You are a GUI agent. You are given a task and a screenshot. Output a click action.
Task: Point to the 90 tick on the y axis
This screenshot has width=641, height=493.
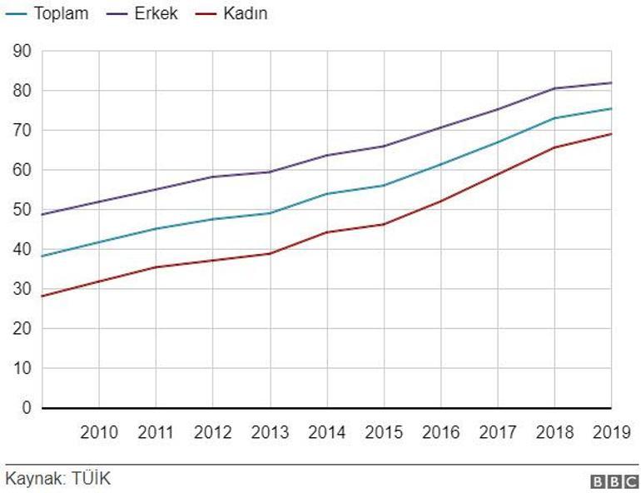[x=22, y=52]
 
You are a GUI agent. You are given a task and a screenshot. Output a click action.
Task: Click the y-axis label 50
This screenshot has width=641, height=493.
[x=22, y=210]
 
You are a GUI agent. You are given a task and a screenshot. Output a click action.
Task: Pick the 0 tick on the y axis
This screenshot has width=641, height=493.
[x=27, y=408]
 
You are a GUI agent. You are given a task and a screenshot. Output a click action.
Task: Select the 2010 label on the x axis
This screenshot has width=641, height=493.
[x=99, y=432]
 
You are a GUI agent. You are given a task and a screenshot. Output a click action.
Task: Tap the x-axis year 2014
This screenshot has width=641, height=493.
[x=327, y=432]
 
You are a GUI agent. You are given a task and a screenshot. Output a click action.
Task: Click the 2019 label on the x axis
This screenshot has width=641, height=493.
[x=611, y=432]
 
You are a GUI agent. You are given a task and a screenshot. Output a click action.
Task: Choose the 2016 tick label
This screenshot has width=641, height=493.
[x=441, y=432]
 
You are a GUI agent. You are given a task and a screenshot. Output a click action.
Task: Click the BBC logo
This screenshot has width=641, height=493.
[x=614, y=481]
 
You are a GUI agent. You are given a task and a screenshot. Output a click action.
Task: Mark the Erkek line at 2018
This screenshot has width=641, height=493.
[x=554, y=88]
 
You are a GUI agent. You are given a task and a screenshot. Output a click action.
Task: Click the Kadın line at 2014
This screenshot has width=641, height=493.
[x=327, y=232]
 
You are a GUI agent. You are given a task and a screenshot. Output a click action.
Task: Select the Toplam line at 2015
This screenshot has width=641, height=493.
[x=384, y=185]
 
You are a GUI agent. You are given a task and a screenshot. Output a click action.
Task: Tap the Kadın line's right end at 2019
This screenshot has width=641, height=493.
[x=611, y=134]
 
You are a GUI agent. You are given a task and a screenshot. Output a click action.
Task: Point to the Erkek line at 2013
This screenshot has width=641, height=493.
[x=270, y=172]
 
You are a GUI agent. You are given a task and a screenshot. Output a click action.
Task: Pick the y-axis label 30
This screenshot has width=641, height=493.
[x=22, y=289]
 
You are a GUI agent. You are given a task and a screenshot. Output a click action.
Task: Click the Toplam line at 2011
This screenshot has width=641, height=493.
[x=156, y=228]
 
